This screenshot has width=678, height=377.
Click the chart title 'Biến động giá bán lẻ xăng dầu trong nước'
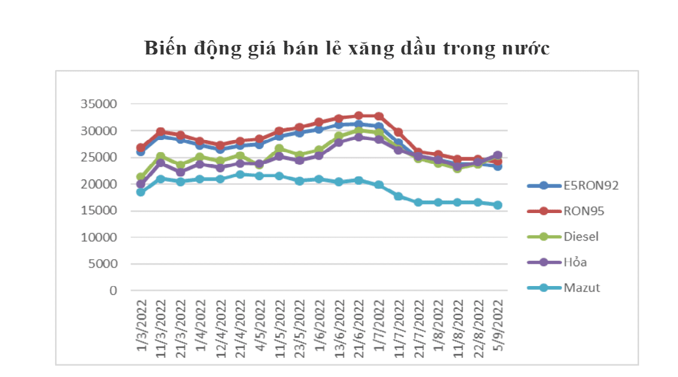(347, 48)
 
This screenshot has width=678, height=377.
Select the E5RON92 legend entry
(591, 185)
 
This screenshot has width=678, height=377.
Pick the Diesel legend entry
(581, 236)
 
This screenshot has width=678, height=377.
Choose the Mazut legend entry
(582, 288)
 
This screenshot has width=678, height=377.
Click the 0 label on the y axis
(113, 291)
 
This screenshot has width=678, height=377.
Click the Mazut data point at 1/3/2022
(141, 192)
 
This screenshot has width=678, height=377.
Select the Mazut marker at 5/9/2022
(497, 205)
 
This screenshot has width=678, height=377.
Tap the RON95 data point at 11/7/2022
(399, 132)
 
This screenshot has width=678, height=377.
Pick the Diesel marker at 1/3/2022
(141, 177)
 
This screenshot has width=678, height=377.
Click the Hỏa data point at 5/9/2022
(497, 156)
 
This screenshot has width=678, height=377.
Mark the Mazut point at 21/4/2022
(240, 174)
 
